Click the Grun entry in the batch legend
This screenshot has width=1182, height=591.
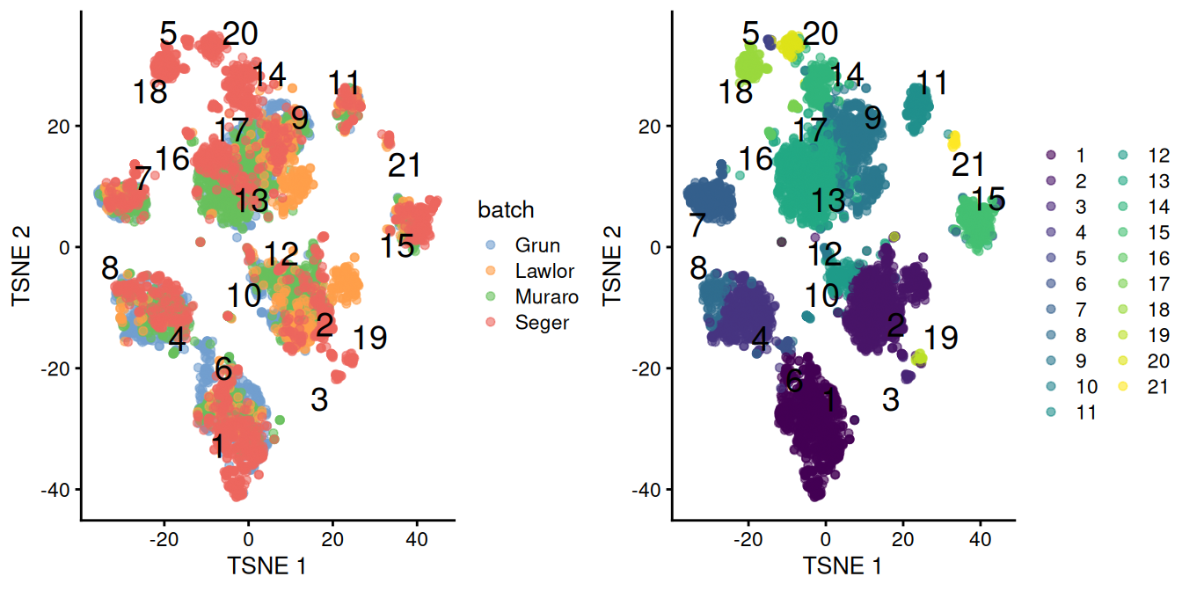pos(537,245)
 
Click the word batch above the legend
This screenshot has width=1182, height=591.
pos(506,210)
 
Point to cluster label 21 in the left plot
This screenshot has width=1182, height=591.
pos(404,165)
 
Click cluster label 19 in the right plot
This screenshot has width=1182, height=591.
pos(941,338)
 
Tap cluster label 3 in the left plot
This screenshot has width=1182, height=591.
pos(319,400)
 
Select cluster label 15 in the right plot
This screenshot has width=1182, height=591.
pos(988,199)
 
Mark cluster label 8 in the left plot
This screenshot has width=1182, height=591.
pos(110,267)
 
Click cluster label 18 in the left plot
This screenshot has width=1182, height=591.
pos(150,91)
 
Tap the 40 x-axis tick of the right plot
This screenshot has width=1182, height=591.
pos(981,535)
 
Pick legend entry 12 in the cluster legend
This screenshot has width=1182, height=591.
pos(1153,156)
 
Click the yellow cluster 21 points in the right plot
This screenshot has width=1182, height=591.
pos(953,140)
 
